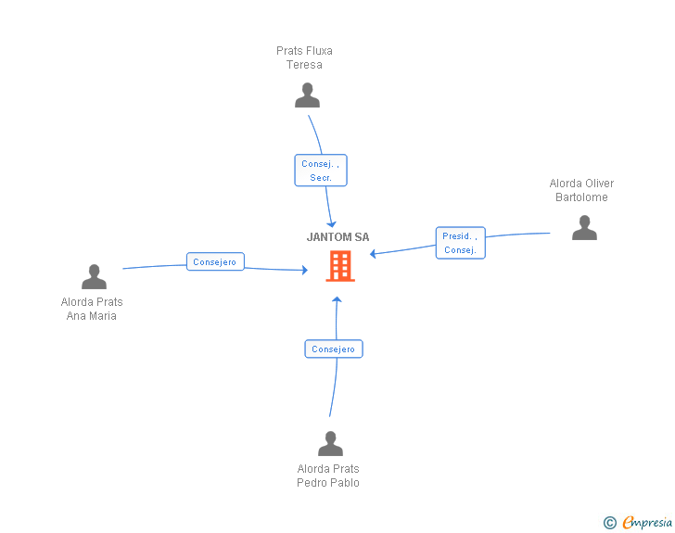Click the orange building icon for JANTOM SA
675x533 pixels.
click(x=340, y=266)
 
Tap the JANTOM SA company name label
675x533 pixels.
click(x=337, y=237)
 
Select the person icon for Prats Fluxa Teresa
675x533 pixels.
click(x=308, y=95)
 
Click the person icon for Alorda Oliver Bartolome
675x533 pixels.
click(x=584, y=228)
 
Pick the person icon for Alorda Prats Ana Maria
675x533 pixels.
click(x=94, y=276)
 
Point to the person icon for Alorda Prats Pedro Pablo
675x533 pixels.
click(x=331, y=443)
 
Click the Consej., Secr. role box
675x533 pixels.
click(x=321, y=171)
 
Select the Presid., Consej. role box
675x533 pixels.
click(x=461, y=243)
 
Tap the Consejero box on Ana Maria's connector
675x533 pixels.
click(x=215, y=261)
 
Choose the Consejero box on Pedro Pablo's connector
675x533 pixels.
click(x=334, y=349)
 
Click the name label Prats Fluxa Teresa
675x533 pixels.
click(x=304, y=57)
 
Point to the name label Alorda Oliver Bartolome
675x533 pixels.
click(x=581, y=190)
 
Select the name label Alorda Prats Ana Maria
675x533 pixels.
click(x=92, y=309)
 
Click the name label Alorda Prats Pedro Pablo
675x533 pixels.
click(x=328, y=476)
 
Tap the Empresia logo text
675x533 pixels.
click(x=647, y=522)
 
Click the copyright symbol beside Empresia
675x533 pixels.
click(x=610, y=523)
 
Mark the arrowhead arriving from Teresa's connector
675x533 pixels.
click(x=332, y=224)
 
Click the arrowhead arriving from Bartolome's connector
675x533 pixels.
click(x=373, y=254)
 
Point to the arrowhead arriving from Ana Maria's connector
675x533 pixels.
click(x=305, y=270)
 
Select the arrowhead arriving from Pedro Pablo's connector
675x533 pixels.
click(x=337, y=299)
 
